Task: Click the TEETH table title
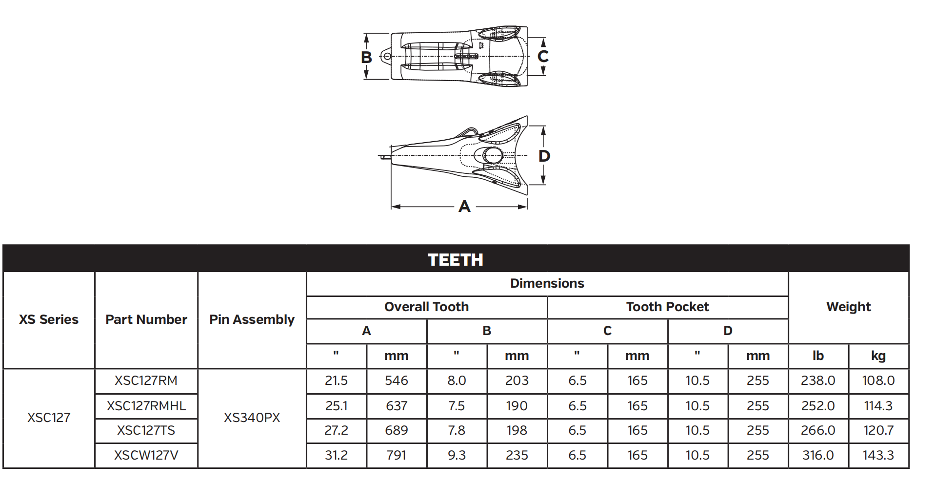click(455, 259)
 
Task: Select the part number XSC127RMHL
click(146, 406)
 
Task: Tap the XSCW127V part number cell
click(146, 455)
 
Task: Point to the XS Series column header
click(49, 319)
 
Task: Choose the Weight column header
click(848, 307)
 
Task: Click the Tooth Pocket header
click(667, 307)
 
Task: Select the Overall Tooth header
click(426, 307)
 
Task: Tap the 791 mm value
click(396, 455)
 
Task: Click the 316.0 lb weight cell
click(818, 455)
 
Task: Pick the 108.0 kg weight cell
click(878, 380)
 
